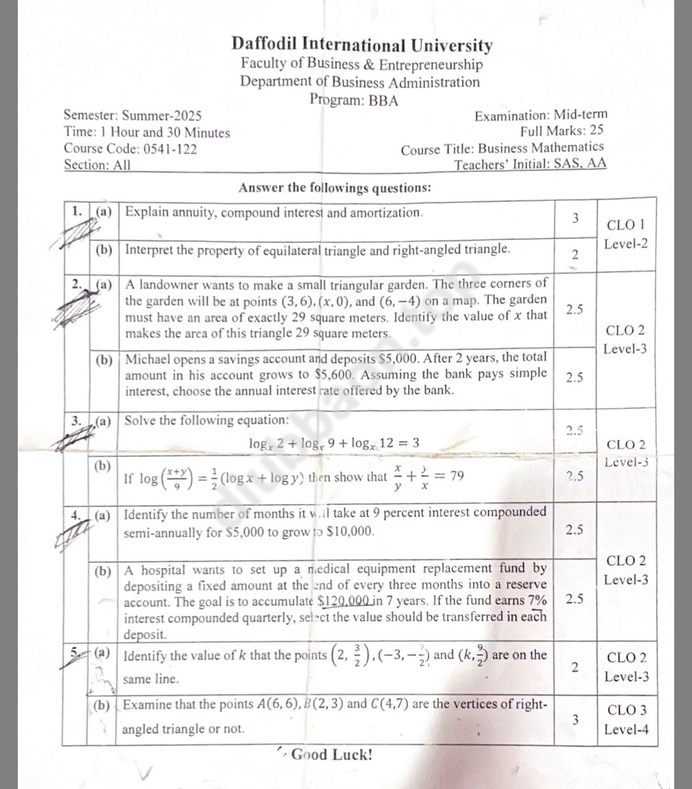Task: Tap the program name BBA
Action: [383, 100]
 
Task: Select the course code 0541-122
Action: [170, 149]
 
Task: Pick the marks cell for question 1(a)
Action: [575, 218]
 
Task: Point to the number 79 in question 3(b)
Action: [457, 476]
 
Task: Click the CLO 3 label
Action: [626, 711]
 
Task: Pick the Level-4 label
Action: [626, 729]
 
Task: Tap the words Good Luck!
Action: [331, 755]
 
